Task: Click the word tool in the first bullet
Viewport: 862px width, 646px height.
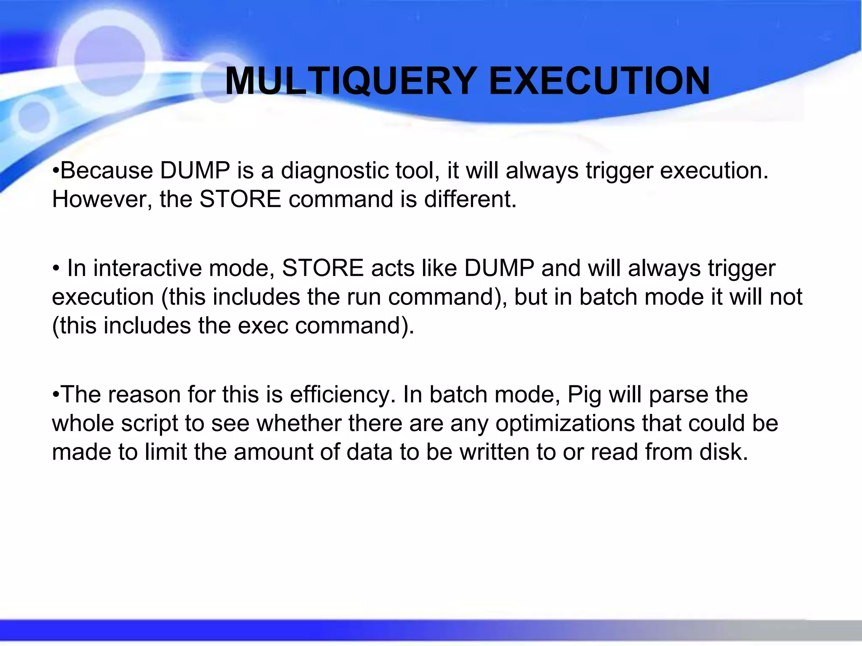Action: (415, 171)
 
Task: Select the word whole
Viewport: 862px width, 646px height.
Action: (82, 424)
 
